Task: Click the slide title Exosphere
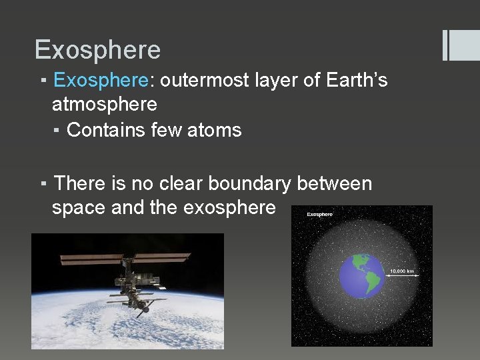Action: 97,50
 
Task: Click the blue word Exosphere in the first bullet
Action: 101,81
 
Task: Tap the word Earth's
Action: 357,81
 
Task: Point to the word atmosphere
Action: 105,105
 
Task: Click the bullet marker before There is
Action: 42,183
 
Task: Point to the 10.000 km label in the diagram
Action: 401,271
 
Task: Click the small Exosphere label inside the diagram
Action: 319,214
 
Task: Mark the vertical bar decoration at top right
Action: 445,45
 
